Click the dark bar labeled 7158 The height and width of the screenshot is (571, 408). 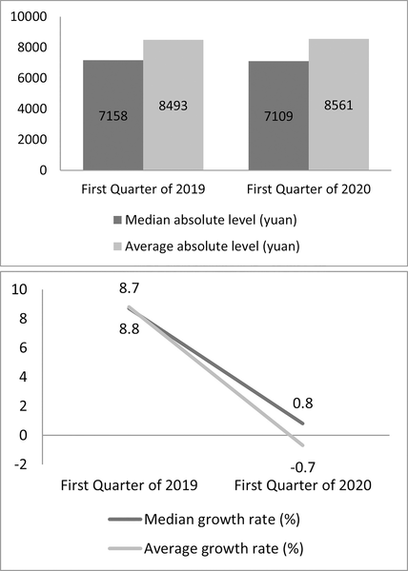(113, 115)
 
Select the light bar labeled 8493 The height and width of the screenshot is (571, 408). (173, 105)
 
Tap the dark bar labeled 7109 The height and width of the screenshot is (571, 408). (278, 115)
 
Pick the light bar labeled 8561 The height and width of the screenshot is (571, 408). (338, 105)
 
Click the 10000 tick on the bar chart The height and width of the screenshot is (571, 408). (30, 17)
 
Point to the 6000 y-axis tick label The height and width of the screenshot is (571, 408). (32, 78)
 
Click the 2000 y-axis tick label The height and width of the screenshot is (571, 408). (32, 140)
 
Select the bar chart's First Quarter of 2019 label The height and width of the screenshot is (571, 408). (143, 189)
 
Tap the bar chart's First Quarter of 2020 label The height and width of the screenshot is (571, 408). (309, 189)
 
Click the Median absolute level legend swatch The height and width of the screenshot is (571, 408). (117, 221)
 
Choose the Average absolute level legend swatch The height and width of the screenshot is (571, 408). (117, 246)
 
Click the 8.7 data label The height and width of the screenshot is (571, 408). (129, 288)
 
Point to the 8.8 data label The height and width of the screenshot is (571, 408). (129, 329)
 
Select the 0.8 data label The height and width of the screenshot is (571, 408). (302, 404)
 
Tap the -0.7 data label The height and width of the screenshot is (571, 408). (302, 467)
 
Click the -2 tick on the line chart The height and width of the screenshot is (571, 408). (20, 464)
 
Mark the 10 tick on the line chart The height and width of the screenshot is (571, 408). (19, 290)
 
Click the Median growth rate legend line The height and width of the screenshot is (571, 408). (125, 520)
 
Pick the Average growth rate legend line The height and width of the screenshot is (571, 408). (125, 548)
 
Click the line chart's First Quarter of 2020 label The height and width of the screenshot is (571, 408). (302, 485)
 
